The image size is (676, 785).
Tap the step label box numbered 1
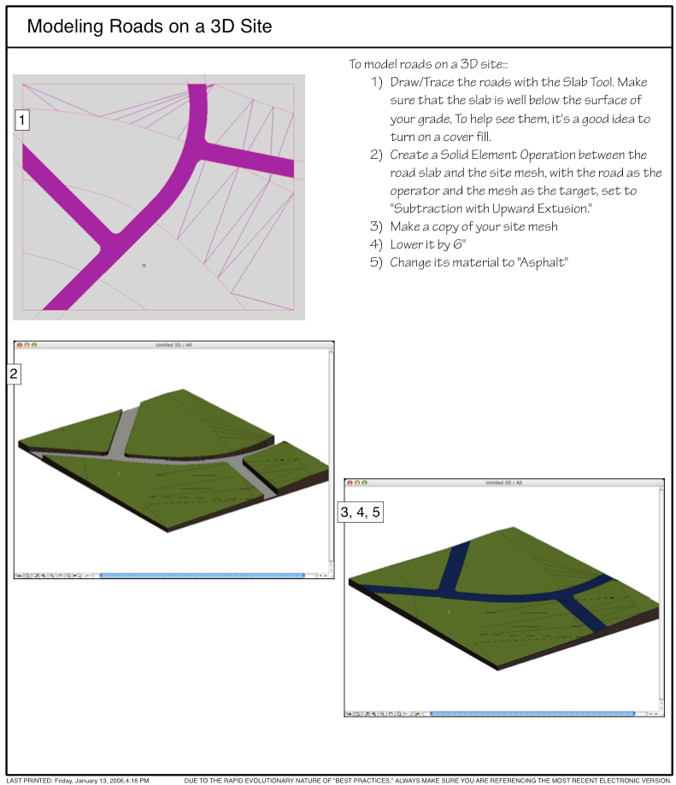[22, 120]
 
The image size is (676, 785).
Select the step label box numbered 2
[14, 374]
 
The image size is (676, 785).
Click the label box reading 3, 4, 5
[361, 513]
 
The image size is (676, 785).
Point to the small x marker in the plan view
[144, 266]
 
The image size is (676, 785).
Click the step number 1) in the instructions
[377, 82]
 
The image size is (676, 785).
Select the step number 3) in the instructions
[376, 226]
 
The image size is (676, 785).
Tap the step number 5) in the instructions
[376, 262]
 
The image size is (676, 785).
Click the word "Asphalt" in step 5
[543, 262]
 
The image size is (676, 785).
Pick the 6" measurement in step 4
[459, 244]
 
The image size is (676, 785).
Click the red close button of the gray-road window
[20, 345]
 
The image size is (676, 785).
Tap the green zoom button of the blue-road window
[365, 483]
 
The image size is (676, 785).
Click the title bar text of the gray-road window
[173, 345]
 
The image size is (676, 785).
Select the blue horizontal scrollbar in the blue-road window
[532, 713]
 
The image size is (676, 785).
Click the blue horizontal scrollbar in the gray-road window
[203, 576]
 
